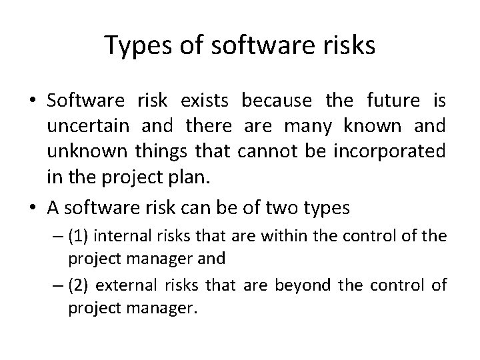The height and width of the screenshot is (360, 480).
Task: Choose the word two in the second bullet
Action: [284, 207]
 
